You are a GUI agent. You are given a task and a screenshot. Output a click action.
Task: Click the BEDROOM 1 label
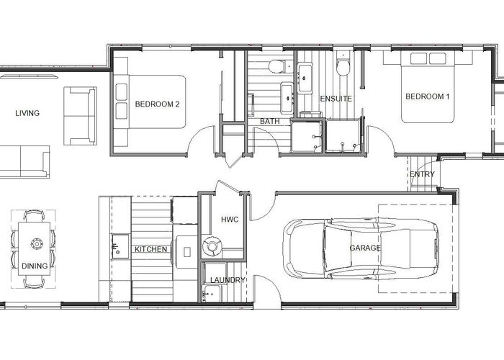click(428, 96)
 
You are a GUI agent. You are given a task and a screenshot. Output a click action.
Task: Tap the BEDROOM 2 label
click(157, 104)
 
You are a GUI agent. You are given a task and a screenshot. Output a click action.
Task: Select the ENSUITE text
click(336, 99)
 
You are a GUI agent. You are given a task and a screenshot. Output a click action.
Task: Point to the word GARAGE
click(365, 248)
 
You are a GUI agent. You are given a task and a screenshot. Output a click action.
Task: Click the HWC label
click(230, 220)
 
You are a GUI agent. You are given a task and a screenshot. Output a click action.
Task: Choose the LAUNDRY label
click(228, 280)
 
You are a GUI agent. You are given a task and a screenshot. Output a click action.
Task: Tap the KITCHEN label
click(150, 249)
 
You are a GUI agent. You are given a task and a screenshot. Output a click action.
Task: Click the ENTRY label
click(422, 174)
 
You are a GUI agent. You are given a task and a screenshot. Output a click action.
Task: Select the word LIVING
click(27, 113)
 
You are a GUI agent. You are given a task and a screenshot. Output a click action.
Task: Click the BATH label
click(270, 122)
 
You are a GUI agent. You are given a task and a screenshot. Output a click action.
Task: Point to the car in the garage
click(361, 248)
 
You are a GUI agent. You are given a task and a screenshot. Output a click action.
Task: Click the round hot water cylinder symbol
click(212, 246)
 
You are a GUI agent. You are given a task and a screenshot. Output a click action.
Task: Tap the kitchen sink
click(120, 246)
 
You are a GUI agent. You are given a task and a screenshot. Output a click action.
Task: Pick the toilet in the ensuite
click(343, 66)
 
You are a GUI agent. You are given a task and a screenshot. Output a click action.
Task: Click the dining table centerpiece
click(37, 244)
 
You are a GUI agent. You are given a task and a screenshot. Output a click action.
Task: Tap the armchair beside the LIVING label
click(80, 116)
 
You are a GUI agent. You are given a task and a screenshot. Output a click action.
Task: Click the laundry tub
click(212, 293)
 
